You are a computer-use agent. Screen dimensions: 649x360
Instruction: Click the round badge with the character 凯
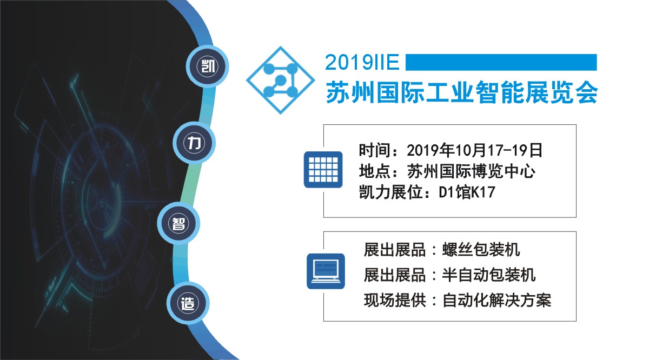[208, 66]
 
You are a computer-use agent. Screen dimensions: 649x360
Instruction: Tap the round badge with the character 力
[194, 143]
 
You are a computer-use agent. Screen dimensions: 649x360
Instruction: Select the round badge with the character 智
[178, 223]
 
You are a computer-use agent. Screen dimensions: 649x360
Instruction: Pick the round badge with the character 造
[188, 303]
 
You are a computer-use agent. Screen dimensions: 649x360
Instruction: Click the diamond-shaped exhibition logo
[280, 80]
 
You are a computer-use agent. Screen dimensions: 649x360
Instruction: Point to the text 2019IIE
[362, 62]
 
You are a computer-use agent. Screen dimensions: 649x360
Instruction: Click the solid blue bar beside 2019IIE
[501, 62]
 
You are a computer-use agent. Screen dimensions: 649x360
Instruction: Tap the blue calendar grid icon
[323, 170]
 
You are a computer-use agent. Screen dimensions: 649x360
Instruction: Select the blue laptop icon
[326, 271]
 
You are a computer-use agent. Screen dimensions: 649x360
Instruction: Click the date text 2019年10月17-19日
[475, 150]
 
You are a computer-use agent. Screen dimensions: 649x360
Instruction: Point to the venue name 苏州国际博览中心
[472, 171]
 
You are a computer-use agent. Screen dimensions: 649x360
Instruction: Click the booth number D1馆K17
[467, 192]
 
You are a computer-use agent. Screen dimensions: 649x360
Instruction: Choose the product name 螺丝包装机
[481, 250]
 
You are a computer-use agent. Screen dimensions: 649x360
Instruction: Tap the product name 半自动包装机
[489, 275]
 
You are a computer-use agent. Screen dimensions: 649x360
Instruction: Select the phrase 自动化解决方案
[496, 301]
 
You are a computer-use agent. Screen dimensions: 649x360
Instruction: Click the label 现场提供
[395, 301]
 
